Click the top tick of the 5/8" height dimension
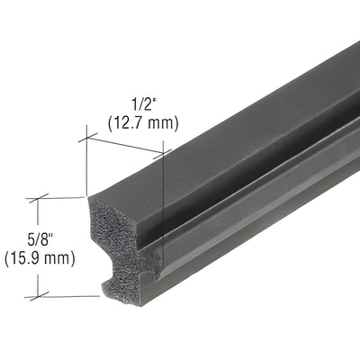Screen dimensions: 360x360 [x=38, y=198]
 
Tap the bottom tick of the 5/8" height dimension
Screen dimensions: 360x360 [x=38, y=295]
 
